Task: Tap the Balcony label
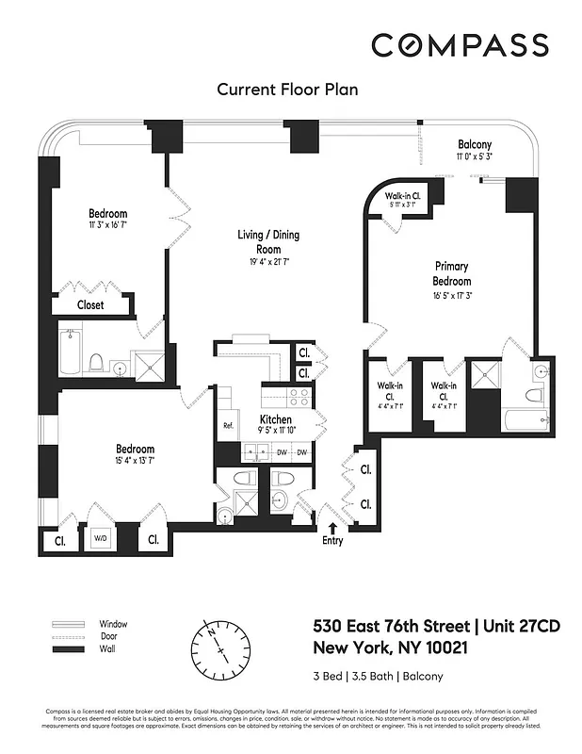[474, 143]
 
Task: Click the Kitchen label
[276, 419]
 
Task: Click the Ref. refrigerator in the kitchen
[228, 425]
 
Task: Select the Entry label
[331, 541]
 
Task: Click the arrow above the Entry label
[331, 524]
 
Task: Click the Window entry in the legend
[113, 624]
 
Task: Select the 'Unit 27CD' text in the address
[506, 627]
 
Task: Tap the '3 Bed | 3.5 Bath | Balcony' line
[377, 676]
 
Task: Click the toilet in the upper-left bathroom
[95, 361]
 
